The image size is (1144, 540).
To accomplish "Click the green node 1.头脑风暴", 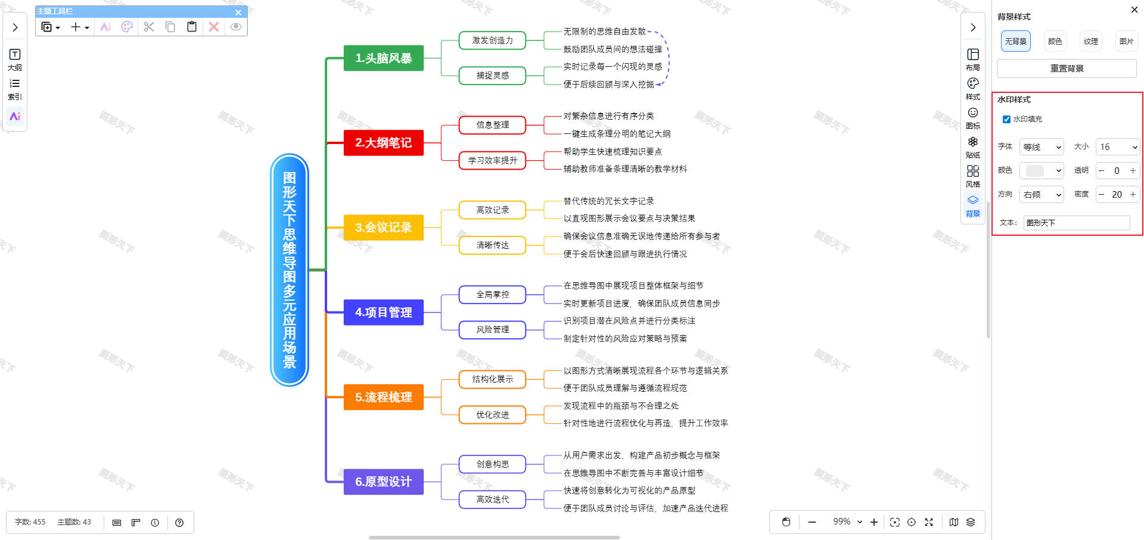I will coord(383,58).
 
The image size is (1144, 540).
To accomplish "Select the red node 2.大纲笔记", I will coord(383,143).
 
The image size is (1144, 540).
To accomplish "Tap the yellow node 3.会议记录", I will coord(383,227).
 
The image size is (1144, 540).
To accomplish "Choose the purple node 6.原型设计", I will coord(383,482).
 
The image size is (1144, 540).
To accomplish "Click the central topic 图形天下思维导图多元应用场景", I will coord(290,270).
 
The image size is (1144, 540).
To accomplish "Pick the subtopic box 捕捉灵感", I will coord(492,76).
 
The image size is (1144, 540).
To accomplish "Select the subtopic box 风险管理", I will coord(492,330).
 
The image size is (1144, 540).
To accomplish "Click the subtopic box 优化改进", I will coord(492,415).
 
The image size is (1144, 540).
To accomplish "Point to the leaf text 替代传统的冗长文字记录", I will coord(608,201).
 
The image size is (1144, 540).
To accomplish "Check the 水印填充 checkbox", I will coord(1006,119).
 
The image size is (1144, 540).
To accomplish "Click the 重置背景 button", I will coord(1067,68).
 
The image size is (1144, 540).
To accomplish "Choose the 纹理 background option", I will coord(1090,41).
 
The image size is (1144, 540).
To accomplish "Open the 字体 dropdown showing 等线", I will coord(1042,147).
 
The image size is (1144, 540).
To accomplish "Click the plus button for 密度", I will coord(1133,194).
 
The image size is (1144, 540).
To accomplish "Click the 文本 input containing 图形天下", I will coord(1076,223).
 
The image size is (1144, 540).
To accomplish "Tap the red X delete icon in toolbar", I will coord(214,27).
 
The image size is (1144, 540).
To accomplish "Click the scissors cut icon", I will coord(149,27).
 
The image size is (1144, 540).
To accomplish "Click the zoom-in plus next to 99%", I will coord(874,522).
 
